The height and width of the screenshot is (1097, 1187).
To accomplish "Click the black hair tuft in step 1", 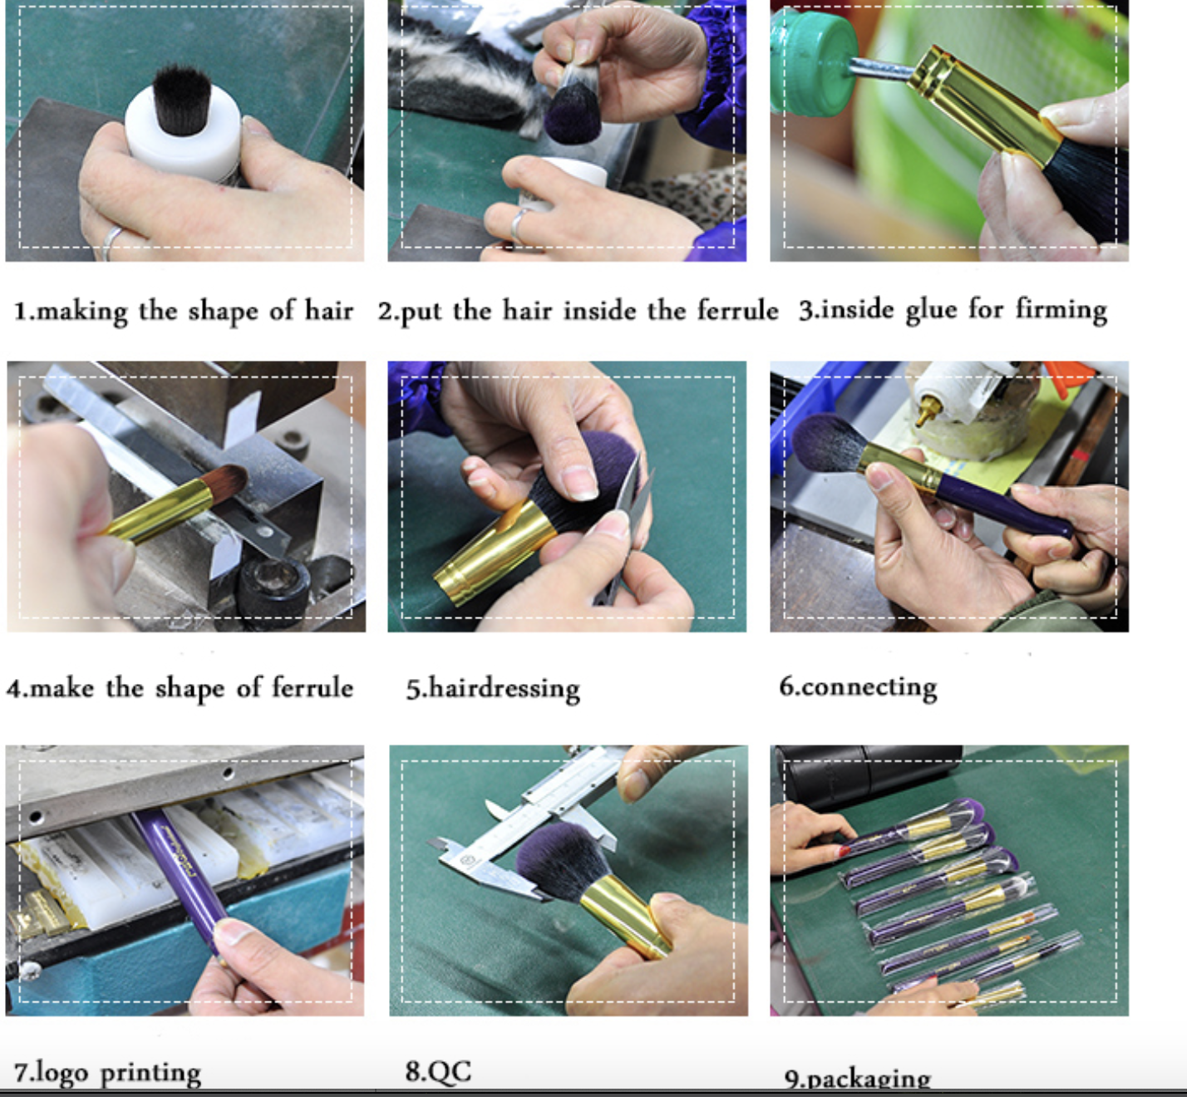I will (181, 99).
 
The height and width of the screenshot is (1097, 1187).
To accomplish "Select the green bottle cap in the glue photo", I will (811, 62).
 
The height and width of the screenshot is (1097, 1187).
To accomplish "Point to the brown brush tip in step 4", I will (226, 481).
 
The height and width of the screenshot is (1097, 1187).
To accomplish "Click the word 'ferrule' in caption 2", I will (737, 311).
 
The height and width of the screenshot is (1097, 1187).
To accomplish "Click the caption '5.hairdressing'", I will (492, 689).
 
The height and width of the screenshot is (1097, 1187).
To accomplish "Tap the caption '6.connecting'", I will (858, 687).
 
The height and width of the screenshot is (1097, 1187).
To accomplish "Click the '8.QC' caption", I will (438, 1071).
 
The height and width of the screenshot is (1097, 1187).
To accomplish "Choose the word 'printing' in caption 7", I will (150, 1074).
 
